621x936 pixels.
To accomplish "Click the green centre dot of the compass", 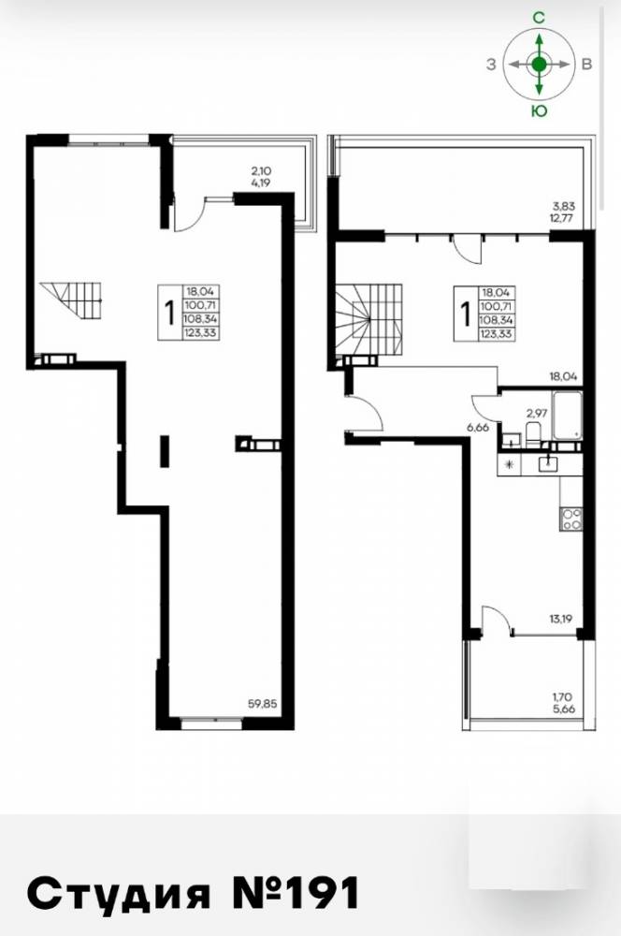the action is coord(540,65).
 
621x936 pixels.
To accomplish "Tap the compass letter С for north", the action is coord(539,19).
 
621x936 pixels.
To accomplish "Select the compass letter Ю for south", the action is coord(540,110).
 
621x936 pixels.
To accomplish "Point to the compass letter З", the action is coord(491,65).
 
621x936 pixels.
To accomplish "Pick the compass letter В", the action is coord(586,65).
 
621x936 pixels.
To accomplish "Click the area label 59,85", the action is coord(263,703).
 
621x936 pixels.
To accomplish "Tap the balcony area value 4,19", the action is coord(261,183).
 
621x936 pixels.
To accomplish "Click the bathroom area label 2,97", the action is coord(536,412).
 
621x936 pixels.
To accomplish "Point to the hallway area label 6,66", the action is coord(477,427).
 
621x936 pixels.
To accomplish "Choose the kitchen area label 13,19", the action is coord(561,619).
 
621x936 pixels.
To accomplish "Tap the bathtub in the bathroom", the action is coord(568,416).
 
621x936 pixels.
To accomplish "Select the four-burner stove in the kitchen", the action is coord(570,519).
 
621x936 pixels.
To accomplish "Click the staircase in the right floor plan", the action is coord(368,320).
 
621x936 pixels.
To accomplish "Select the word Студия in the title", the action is coord(120,895).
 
